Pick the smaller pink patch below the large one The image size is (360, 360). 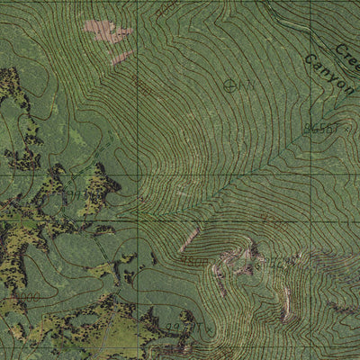click(x=117, y=59)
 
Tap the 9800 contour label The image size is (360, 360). click(x=196, y=261)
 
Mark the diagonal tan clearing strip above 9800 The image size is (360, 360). click(x=188, y=240)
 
